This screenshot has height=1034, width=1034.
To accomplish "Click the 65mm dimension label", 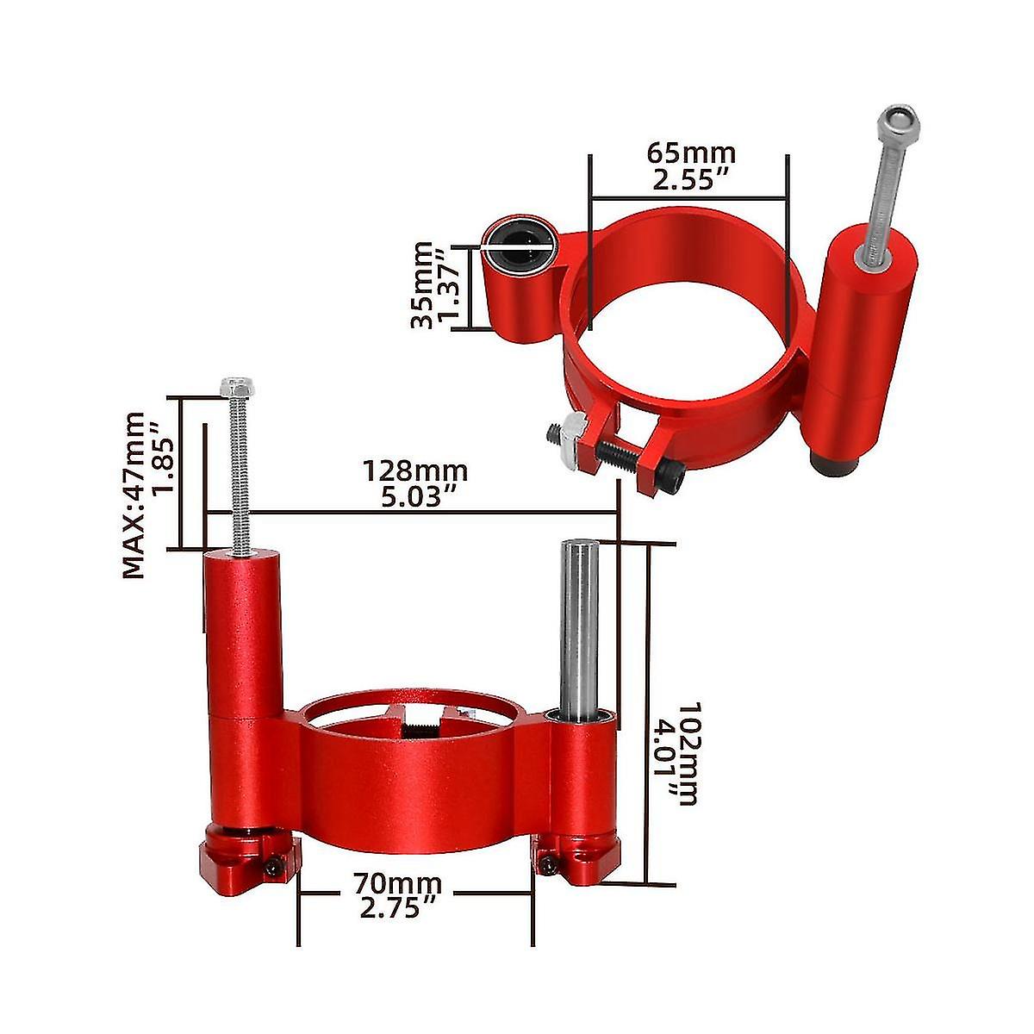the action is click(x=691, y=153).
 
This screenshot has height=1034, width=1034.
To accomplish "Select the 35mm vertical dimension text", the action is click(x=422, y=284).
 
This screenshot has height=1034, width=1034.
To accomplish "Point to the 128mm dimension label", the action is click(x=414, y=471).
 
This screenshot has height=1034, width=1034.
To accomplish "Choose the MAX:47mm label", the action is click(x=134, y=495).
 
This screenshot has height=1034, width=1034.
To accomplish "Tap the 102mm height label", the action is click(x=688, y=754).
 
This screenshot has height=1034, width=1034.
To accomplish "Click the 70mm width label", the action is click(x=397, y=884).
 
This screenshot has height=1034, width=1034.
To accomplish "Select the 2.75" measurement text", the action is click(x=397, y=910).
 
